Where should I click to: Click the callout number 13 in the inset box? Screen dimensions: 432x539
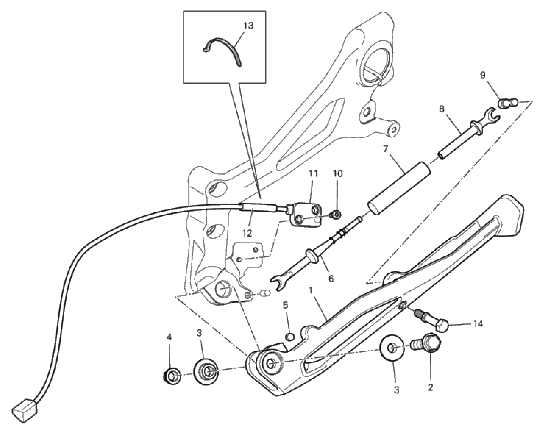coord(248,26)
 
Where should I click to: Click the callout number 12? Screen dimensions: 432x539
coord(247,233)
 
